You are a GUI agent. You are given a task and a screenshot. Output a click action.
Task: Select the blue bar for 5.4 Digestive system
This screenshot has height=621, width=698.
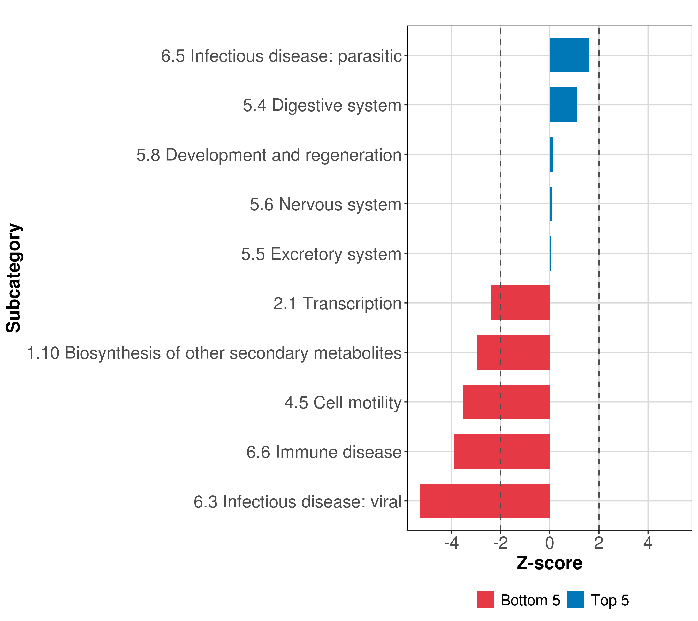point(563,105)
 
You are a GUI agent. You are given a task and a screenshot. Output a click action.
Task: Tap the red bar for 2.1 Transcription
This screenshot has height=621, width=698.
point(520,303)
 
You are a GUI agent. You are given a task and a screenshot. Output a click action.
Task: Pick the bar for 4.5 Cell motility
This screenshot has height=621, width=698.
point(506,402)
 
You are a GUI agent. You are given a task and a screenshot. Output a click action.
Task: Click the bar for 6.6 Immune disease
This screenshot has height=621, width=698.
point(501,452)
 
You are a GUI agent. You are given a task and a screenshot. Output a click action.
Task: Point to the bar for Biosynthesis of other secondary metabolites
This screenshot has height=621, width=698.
point(513,352)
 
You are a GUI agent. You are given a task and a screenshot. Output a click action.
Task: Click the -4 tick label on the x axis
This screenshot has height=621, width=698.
point(451,543)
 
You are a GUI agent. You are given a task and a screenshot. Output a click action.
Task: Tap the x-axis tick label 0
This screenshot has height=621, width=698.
point(549,543)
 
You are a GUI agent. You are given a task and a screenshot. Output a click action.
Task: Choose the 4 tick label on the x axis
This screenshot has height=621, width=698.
point(648,543)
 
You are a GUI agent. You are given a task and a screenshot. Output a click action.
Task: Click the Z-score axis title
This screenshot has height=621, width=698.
point(549,563)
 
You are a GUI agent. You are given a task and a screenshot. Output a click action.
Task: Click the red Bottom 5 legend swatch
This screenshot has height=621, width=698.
point(485,600)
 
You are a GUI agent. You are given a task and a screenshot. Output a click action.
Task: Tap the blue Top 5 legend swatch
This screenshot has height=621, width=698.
point(575,600)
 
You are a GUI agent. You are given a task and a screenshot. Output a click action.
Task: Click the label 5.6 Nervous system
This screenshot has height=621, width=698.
point(325,204)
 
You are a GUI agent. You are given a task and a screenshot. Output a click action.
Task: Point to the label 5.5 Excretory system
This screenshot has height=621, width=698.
point(321,254)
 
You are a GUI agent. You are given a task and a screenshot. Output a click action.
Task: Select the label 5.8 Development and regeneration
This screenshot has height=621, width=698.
point(269,155)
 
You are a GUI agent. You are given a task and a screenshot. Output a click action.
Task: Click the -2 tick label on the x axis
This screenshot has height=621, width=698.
point(500,543)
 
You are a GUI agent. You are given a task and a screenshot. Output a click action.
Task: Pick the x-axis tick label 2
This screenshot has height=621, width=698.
point(599,543)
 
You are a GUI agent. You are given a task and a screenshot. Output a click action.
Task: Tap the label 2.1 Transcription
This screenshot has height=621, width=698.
point(337,304)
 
